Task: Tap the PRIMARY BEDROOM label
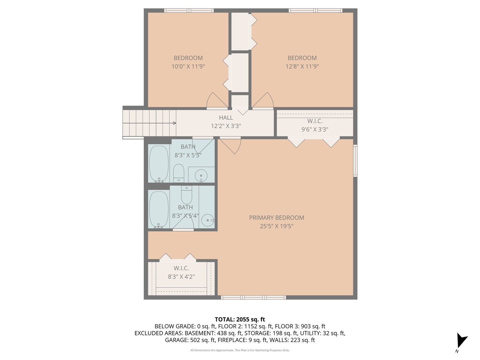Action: (276, 218)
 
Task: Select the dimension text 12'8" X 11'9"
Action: (302, 66)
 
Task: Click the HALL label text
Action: (226, 118)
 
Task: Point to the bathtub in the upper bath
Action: (159, 163)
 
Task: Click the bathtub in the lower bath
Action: (159, 209)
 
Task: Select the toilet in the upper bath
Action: (179, 173)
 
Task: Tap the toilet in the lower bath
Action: (187, 195)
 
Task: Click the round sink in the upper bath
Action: (201, 175)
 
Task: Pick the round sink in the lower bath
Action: (208, 220)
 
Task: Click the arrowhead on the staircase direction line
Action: (174, 123)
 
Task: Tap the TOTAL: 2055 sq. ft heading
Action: (240, 319)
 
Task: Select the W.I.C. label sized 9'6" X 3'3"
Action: (315, 121)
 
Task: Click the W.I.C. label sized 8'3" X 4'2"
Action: (181, 268)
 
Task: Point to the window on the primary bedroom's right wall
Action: (355, 160)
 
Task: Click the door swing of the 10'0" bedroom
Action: (217, 100)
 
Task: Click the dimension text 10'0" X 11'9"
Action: (188, 66)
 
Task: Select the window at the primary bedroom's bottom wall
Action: (253, 297)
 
